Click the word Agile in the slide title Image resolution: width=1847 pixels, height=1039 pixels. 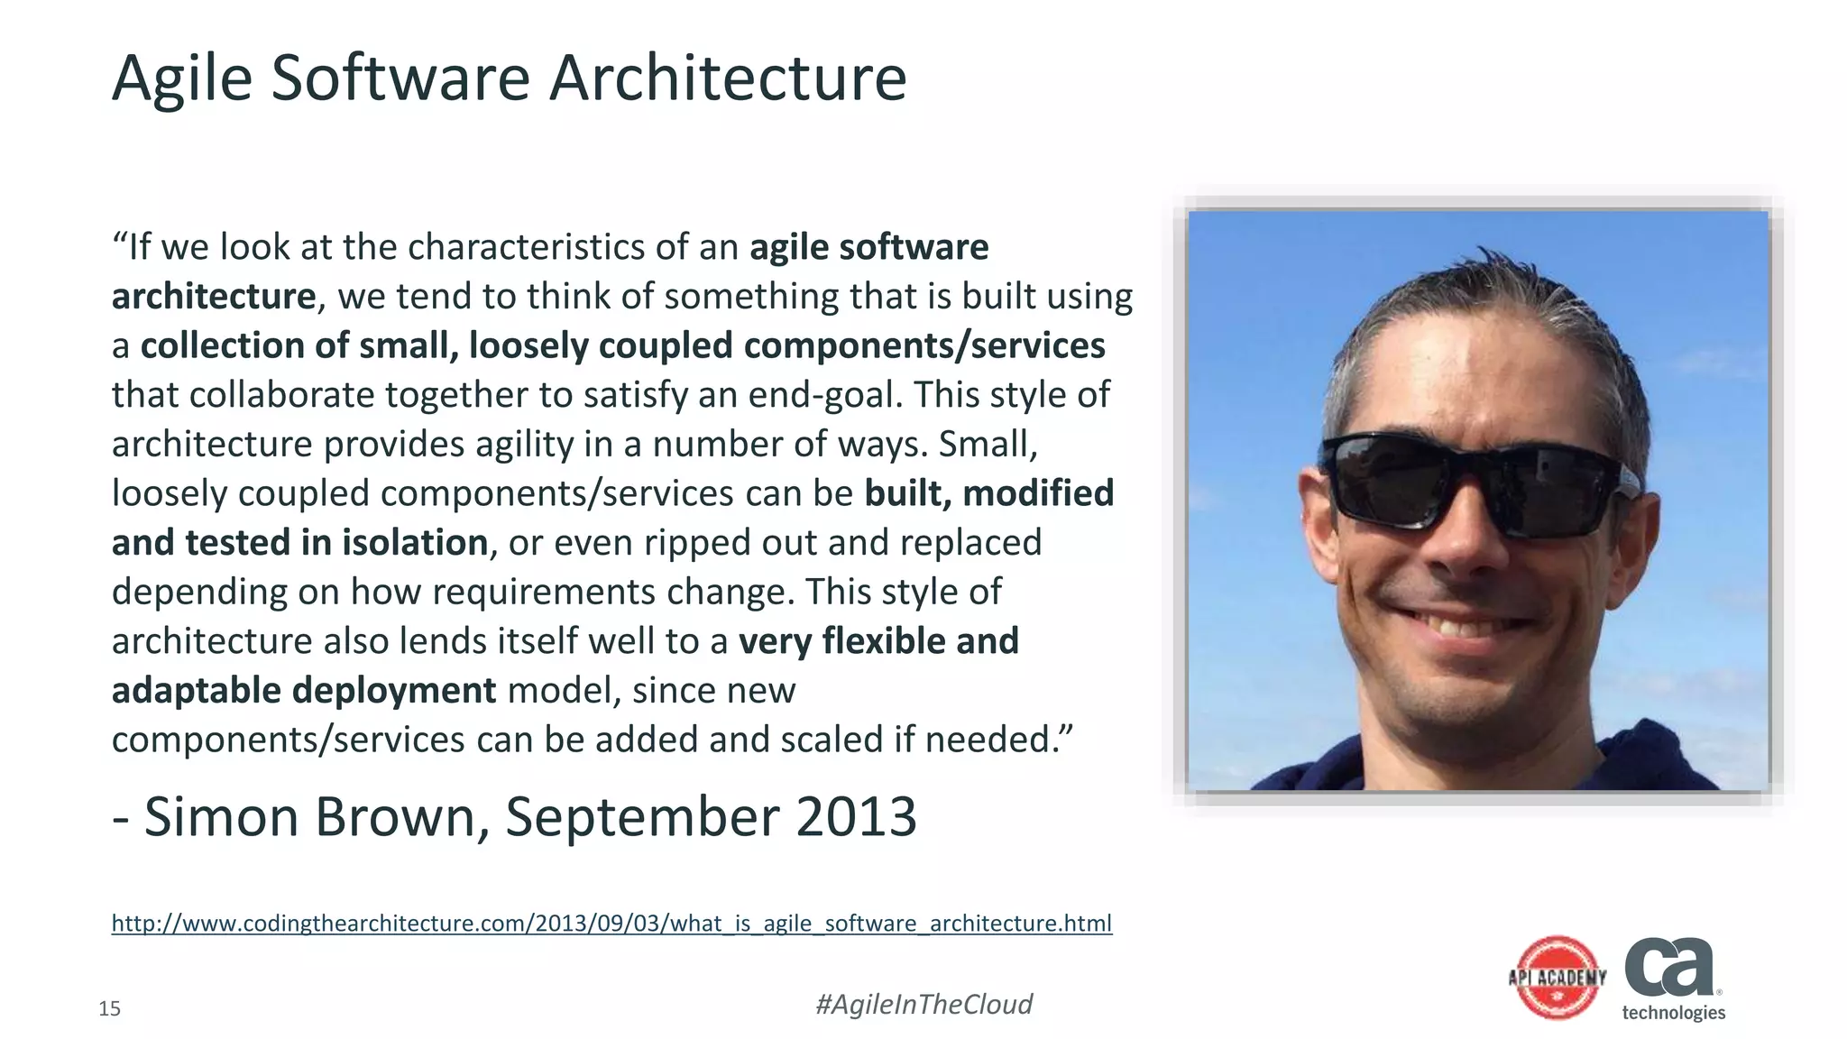(x=181, y=79)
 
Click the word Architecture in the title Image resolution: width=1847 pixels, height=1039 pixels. (x=727, y=79)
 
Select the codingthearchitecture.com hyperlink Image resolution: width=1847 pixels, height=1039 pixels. (x=611, y=924)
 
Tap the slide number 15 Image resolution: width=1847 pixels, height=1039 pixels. (x=109, y=1009)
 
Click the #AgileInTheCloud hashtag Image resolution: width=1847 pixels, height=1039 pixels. (x=923, y=1005)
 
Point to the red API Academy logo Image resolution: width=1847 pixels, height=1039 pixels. (x=1558, y=978)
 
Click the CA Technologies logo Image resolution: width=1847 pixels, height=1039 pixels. (x=1673, y=979)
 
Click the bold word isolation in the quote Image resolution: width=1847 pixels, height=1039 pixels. (x=414, y=543)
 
